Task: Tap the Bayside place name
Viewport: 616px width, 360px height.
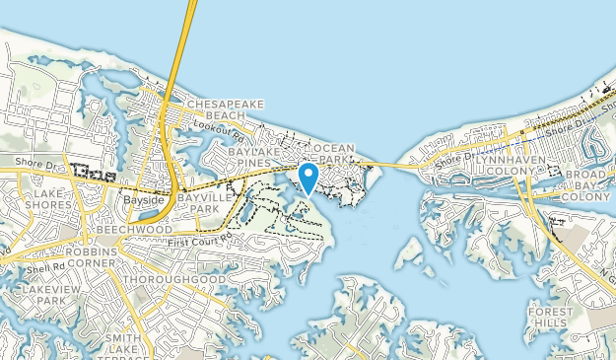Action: click(141, 198)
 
